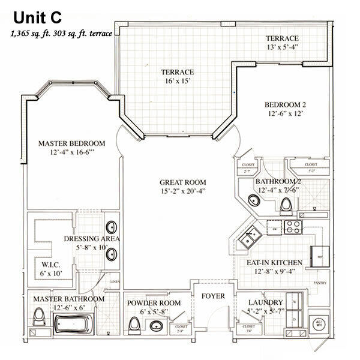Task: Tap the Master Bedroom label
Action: click(x=71, y=143)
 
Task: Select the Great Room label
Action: click(x=183, y=182)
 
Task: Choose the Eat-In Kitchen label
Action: click(x=277, y=262)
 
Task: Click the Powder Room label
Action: click(x=154, y=303)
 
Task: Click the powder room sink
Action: click(x=157, y=326)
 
